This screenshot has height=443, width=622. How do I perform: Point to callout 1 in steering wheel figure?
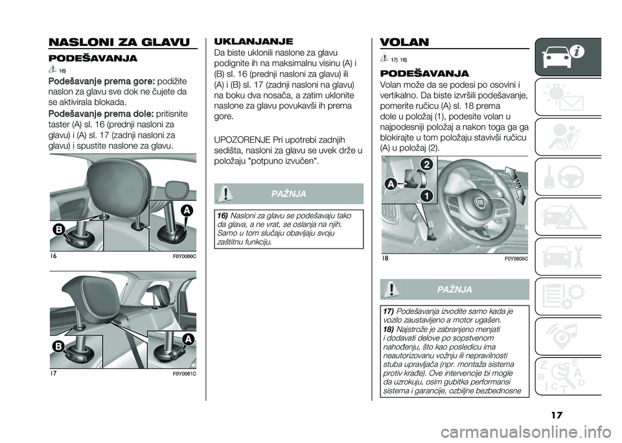(426, 195)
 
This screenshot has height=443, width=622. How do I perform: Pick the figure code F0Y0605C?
(516, 258)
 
